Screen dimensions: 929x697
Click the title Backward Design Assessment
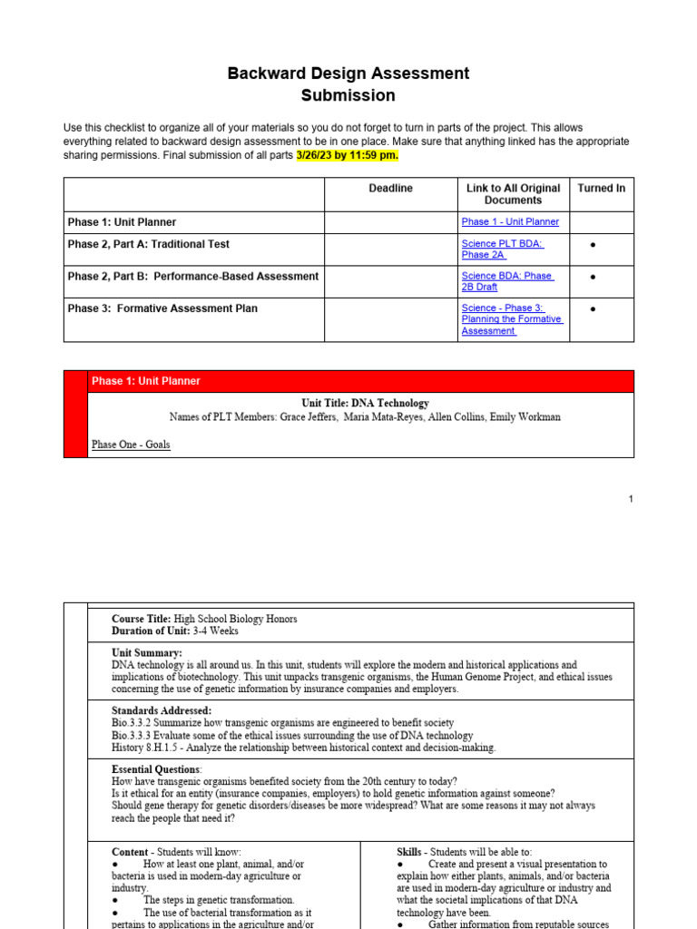[348, 73]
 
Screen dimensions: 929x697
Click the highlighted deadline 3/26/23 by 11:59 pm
[348, 155]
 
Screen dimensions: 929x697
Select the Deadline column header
[390, 189]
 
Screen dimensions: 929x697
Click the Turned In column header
[601, 189]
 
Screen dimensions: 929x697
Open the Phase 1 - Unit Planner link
[510, 222]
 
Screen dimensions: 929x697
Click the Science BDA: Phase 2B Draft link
[506, 281]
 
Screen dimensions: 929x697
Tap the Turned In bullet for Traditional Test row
[593, 245]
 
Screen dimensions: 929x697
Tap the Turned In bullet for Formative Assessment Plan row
[593, 309]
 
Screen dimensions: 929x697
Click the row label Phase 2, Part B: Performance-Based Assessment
[192, 277]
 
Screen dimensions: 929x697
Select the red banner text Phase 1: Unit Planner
[146, 381]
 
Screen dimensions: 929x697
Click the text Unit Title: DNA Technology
[365, 403]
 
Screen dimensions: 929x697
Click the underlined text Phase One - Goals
[131, 445]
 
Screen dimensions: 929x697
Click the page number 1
[631, 499]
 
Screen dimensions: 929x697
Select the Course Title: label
[141, 619]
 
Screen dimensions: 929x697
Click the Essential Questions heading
[156, 769]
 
